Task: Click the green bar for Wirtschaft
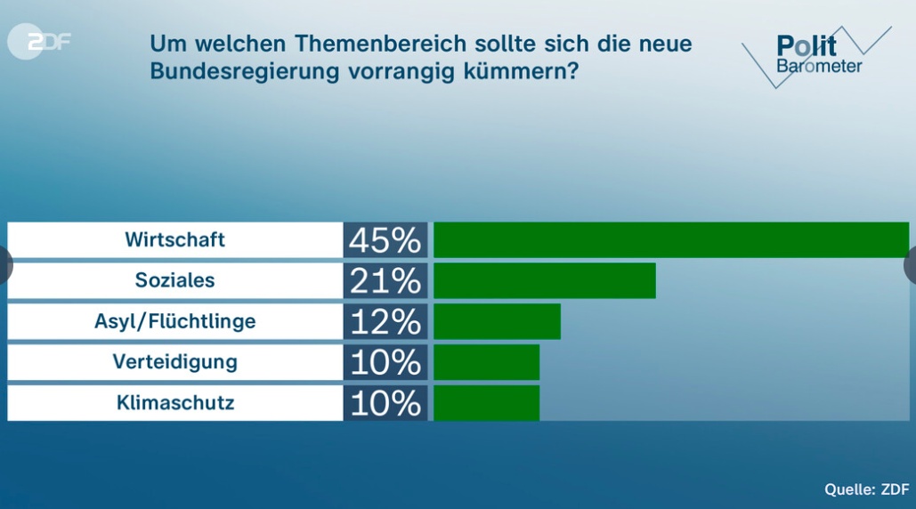(671, 239)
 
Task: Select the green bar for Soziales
(544, 280)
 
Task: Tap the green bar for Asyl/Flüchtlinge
(497, 321)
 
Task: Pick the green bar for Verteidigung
(486, 362)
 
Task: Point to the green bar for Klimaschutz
(486, 402)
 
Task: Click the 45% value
(385, 239)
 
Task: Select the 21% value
(385, 280)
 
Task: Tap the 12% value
(385, 321)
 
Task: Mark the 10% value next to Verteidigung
(385, 362)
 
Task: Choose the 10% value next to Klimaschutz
(385, 403)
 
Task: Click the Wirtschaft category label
(174, 239)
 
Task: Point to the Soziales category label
(174, 280)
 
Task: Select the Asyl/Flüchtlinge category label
(174, 321)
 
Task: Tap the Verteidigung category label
(174, 362)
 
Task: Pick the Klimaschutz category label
(174, 403)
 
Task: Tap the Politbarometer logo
(815, 54)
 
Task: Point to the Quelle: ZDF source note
(866, 489)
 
